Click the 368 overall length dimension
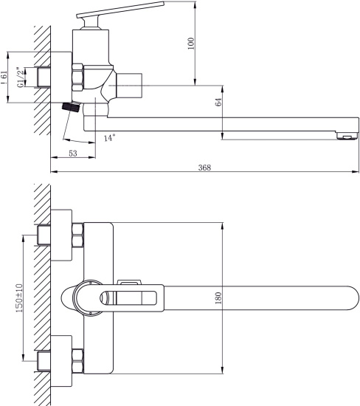coord(204,168)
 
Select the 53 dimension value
coord(73,154)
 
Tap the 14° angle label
coord(109,138)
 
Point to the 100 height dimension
coord(191,44)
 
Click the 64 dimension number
coord(218,102)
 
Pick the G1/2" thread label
coord(21,78)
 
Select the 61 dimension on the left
coord(4,77)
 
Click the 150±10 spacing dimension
coord(19,297)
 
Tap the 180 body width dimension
coord(218,297)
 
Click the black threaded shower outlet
coord(70,107)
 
